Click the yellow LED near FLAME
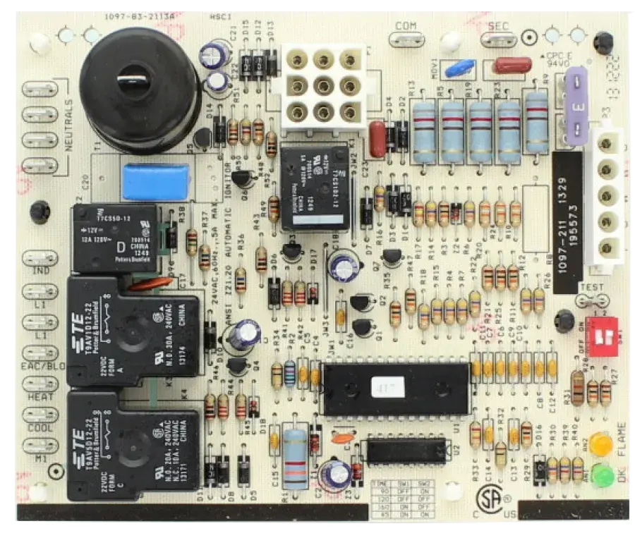click(600, 445)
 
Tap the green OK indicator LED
click(601, 475)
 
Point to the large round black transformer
click(140, 88)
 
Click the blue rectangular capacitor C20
click(156, 182)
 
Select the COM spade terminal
click(406, 26)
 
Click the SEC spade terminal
click(499, 26)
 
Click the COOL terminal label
click(40, 428)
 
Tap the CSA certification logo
click(488, 500)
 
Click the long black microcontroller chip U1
click(395, 388)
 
